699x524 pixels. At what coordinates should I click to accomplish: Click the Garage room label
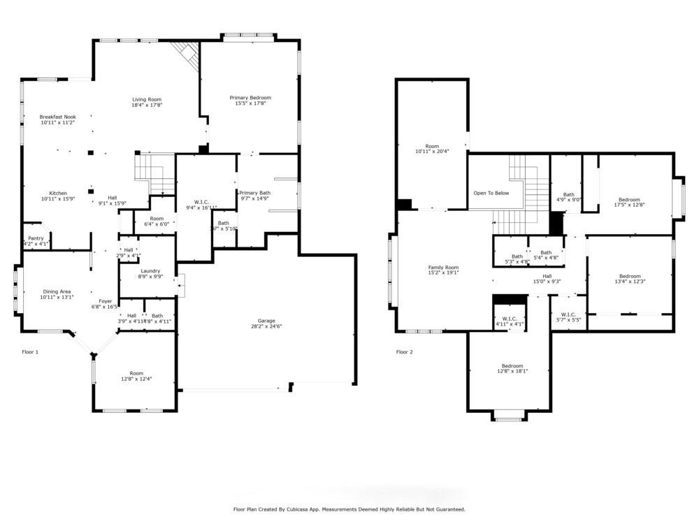pyautogui.click(x=266, y=321)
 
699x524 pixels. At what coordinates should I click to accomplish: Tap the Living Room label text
pyautogui.click(x=147, y=99)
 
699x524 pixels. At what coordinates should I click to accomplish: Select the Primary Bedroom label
pyautogui.click(x=250, y=98)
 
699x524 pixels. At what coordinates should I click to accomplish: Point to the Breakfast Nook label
pyautogui.click(x=57, y=117)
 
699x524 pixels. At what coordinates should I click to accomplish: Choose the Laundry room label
pyautogui.click(x=150, y=271)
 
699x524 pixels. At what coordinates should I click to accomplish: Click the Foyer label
pyautogui.click(x=106, y=301)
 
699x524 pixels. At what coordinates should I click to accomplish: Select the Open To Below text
pyautogui.click(x=491, y=193)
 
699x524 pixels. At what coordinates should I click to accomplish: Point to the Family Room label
pyautogui.click(x=443, y=268)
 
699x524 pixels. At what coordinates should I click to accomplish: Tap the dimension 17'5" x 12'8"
pyautogui.click(x=628, y=205)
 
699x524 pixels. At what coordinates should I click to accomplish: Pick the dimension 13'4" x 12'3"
pyautogui.click(x=629, y=282)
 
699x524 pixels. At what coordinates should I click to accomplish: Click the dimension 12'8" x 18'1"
pyautogui.click(x=512, y=372)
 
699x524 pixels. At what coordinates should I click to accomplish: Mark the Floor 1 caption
pyautogui.click(x=30, y=352)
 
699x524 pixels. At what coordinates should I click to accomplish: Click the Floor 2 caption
pyautogui.click(x=404, y=352)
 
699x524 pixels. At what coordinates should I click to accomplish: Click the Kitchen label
pyautogui.click(x=57, y=193)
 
